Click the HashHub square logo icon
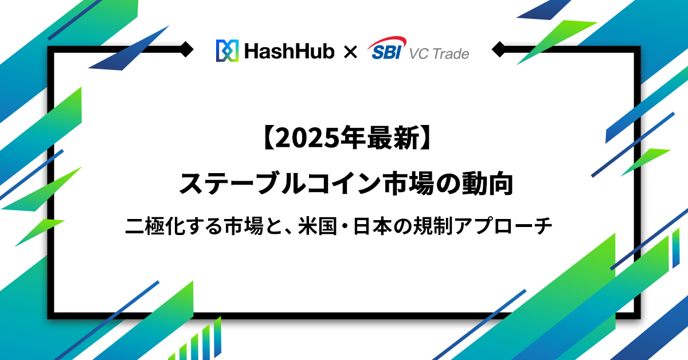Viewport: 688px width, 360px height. (227, 50)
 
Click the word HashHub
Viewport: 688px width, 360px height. (290, 51)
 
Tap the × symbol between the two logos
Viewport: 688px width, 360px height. (350, 52)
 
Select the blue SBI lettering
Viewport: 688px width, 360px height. (386, 52)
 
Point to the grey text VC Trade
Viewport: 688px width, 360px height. (439, 54)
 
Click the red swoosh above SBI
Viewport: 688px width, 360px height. (387, 42)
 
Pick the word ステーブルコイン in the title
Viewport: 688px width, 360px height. (280, 183)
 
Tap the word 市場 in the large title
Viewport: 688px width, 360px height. (408, 183)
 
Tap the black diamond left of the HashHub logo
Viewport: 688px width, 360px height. (186, 49)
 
